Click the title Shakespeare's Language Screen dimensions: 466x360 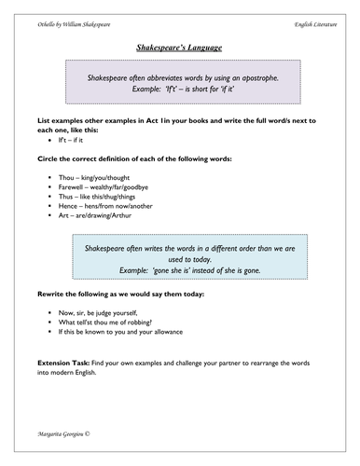pyautogui.click(x=180, y=44)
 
